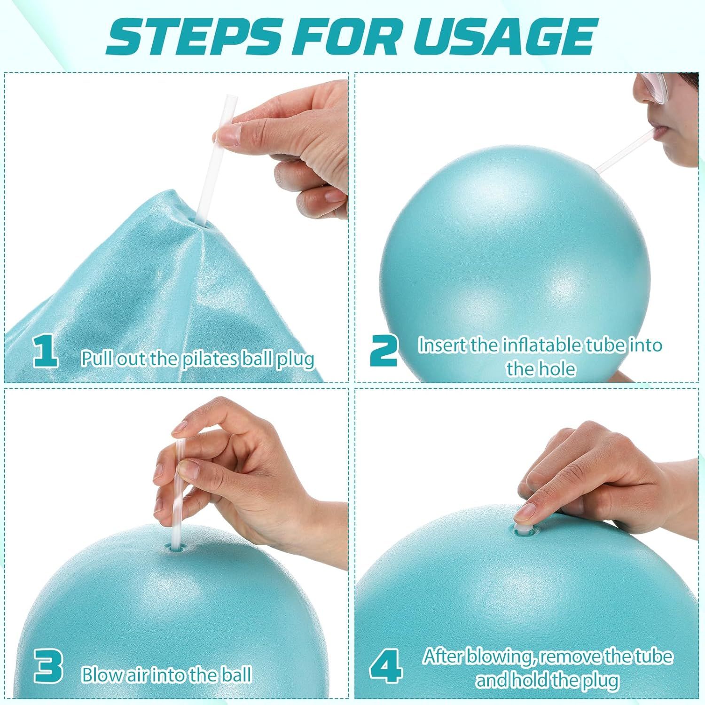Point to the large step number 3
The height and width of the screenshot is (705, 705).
click(x=48, y=666)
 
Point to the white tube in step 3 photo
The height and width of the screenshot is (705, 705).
click(x=177, y=493)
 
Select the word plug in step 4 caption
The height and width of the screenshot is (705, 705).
click(x=600, y=680)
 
